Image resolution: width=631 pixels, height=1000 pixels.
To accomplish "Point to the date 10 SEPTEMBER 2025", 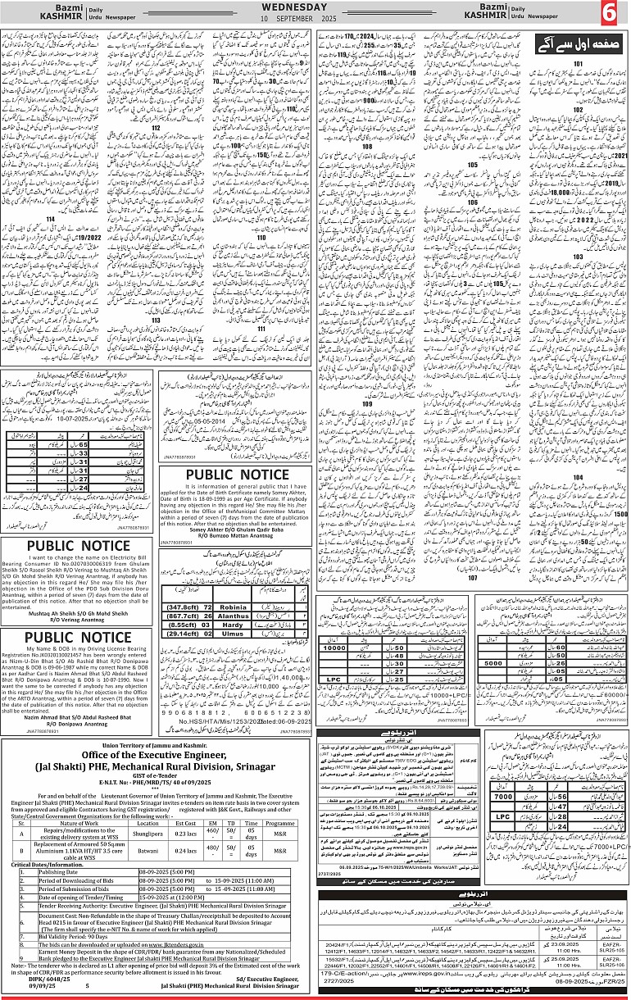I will [x=315, y=18].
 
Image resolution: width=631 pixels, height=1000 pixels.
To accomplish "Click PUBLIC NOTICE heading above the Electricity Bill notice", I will [x=78, y=547].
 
